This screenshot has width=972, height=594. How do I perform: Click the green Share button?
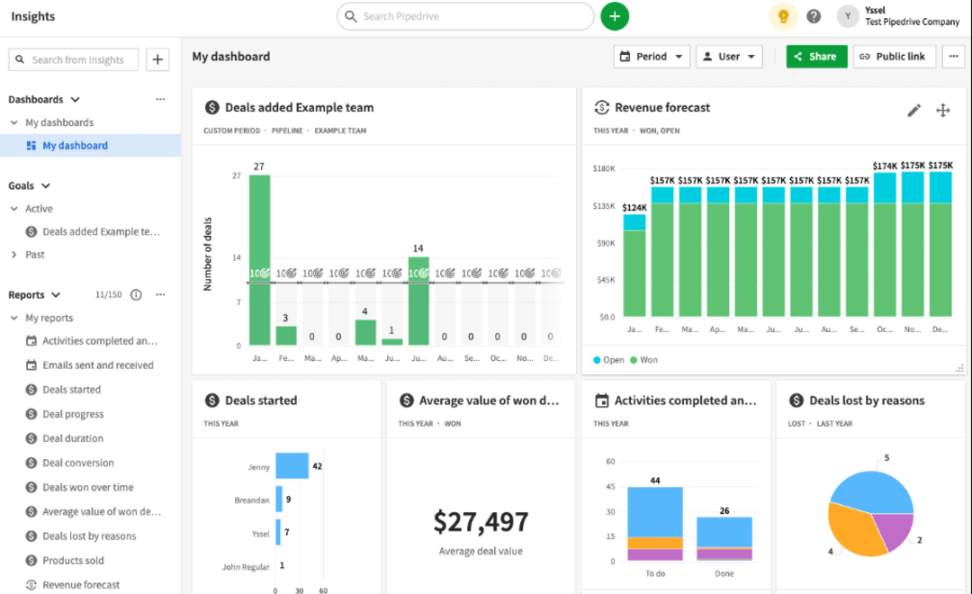pos(816,57)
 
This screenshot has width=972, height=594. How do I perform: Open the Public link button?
pos(894,57)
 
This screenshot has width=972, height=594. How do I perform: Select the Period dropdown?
pos(652,57)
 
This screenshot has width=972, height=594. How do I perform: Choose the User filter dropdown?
pos(729,57)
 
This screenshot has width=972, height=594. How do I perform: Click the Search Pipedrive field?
pos(465,16)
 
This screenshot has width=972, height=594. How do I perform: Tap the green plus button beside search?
pos(615,16)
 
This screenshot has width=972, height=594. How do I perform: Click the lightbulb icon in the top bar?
pos(783,16)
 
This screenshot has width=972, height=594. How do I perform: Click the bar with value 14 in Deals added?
pos(418,301)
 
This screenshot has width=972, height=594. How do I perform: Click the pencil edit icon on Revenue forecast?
pos(913,110)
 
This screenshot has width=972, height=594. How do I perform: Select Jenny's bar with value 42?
pos(292,466)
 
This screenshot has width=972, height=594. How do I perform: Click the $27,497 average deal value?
pos(481,522)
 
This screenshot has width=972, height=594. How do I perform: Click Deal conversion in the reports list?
pos(78,463)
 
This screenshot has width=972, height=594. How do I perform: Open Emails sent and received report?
pos(97,365)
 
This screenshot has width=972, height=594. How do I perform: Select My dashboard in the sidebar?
pos(75,146)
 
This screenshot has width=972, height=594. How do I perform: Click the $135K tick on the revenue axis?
pos(603,205)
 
